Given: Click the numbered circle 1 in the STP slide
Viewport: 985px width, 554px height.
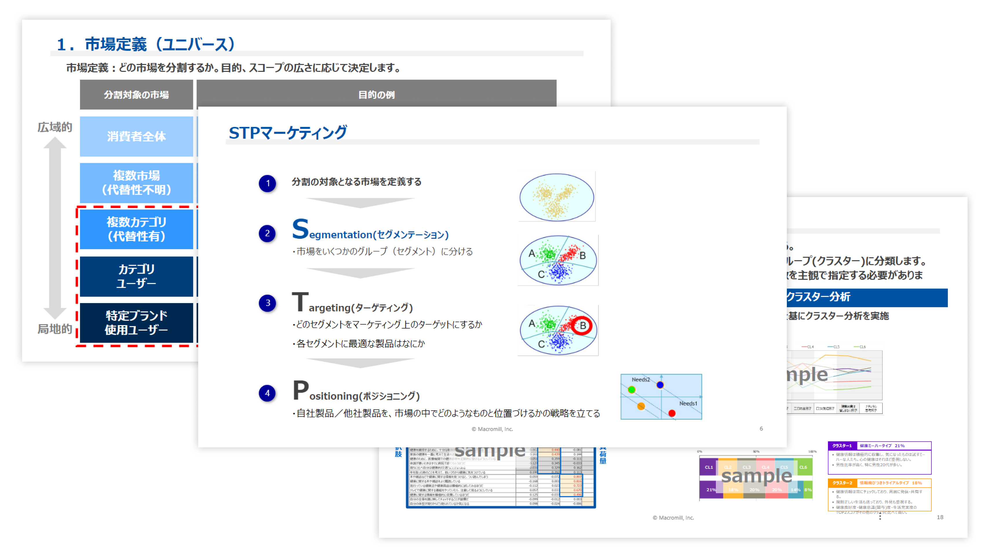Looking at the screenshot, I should click(x=268, y=183).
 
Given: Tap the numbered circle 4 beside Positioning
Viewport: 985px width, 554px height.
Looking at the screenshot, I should click(x=267, y=393).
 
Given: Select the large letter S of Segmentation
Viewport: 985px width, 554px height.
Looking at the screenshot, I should click(x=300, y=229).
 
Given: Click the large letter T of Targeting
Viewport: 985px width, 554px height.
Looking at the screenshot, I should click(x=300, y=302).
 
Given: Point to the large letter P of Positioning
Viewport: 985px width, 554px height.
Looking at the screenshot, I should click(x=300, y=390).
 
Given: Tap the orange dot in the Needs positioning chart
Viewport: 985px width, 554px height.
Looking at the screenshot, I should click(x=641, y=406).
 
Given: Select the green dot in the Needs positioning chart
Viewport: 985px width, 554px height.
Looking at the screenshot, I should click(x=632, y=390).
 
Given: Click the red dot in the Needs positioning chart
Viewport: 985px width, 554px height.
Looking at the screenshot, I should click(x=672, y=413).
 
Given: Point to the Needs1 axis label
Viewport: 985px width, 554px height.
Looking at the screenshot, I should click(x=688, y=403).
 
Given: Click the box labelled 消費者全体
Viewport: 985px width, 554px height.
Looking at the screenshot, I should click(x=136, y=136).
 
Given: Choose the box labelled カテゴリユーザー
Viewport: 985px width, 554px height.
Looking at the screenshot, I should click(x=136, y=276).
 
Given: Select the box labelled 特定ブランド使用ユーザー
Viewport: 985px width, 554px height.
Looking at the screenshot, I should click(x=136, y=323).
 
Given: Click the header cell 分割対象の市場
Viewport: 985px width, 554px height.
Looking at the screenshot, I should click(x=136, y=94).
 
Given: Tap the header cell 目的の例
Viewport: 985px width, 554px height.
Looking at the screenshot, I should click(x=376, y=94).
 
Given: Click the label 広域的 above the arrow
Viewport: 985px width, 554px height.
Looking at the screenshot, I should click(x=55, y=127).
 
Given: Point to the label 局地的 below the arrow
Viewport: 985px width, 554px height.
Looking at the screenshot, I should click(x=55, y=329).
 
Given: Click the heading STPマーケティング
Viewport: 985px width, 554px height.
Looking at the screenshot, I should click(x=288, y=133).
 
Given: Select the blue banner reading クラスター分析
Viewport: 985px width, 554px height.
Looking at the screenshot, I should click(x=867, y=297).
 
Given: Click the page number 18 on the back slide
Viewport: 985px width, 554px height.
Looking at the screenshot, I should click(x=940, y=517).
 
